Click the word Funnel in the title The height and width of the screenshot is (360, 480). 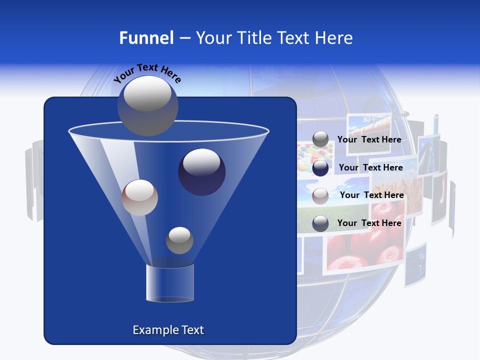146,38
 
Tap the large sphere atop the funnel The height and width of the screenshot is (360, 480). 147,105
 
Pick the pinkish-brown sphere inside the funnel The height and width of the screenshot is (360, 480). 139,197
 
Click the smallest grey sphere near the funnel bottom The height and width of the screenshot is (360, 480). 179,240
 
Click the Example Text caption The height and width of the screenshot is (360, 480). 168,330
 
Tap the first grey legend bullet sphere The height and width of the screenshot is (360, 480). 320,139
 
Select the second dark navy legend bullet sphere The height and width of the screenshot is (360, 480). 320,168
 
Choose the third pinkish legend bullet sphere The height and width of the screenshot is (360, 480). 320,195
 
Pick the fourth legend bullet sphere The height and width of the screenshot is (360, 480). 320,223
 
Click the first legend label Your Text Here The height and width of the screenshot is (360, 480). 369,139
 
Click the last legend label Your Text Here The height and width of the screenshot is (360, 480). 369,223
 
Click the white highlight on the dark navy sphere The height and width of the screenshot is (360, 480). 201,162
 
